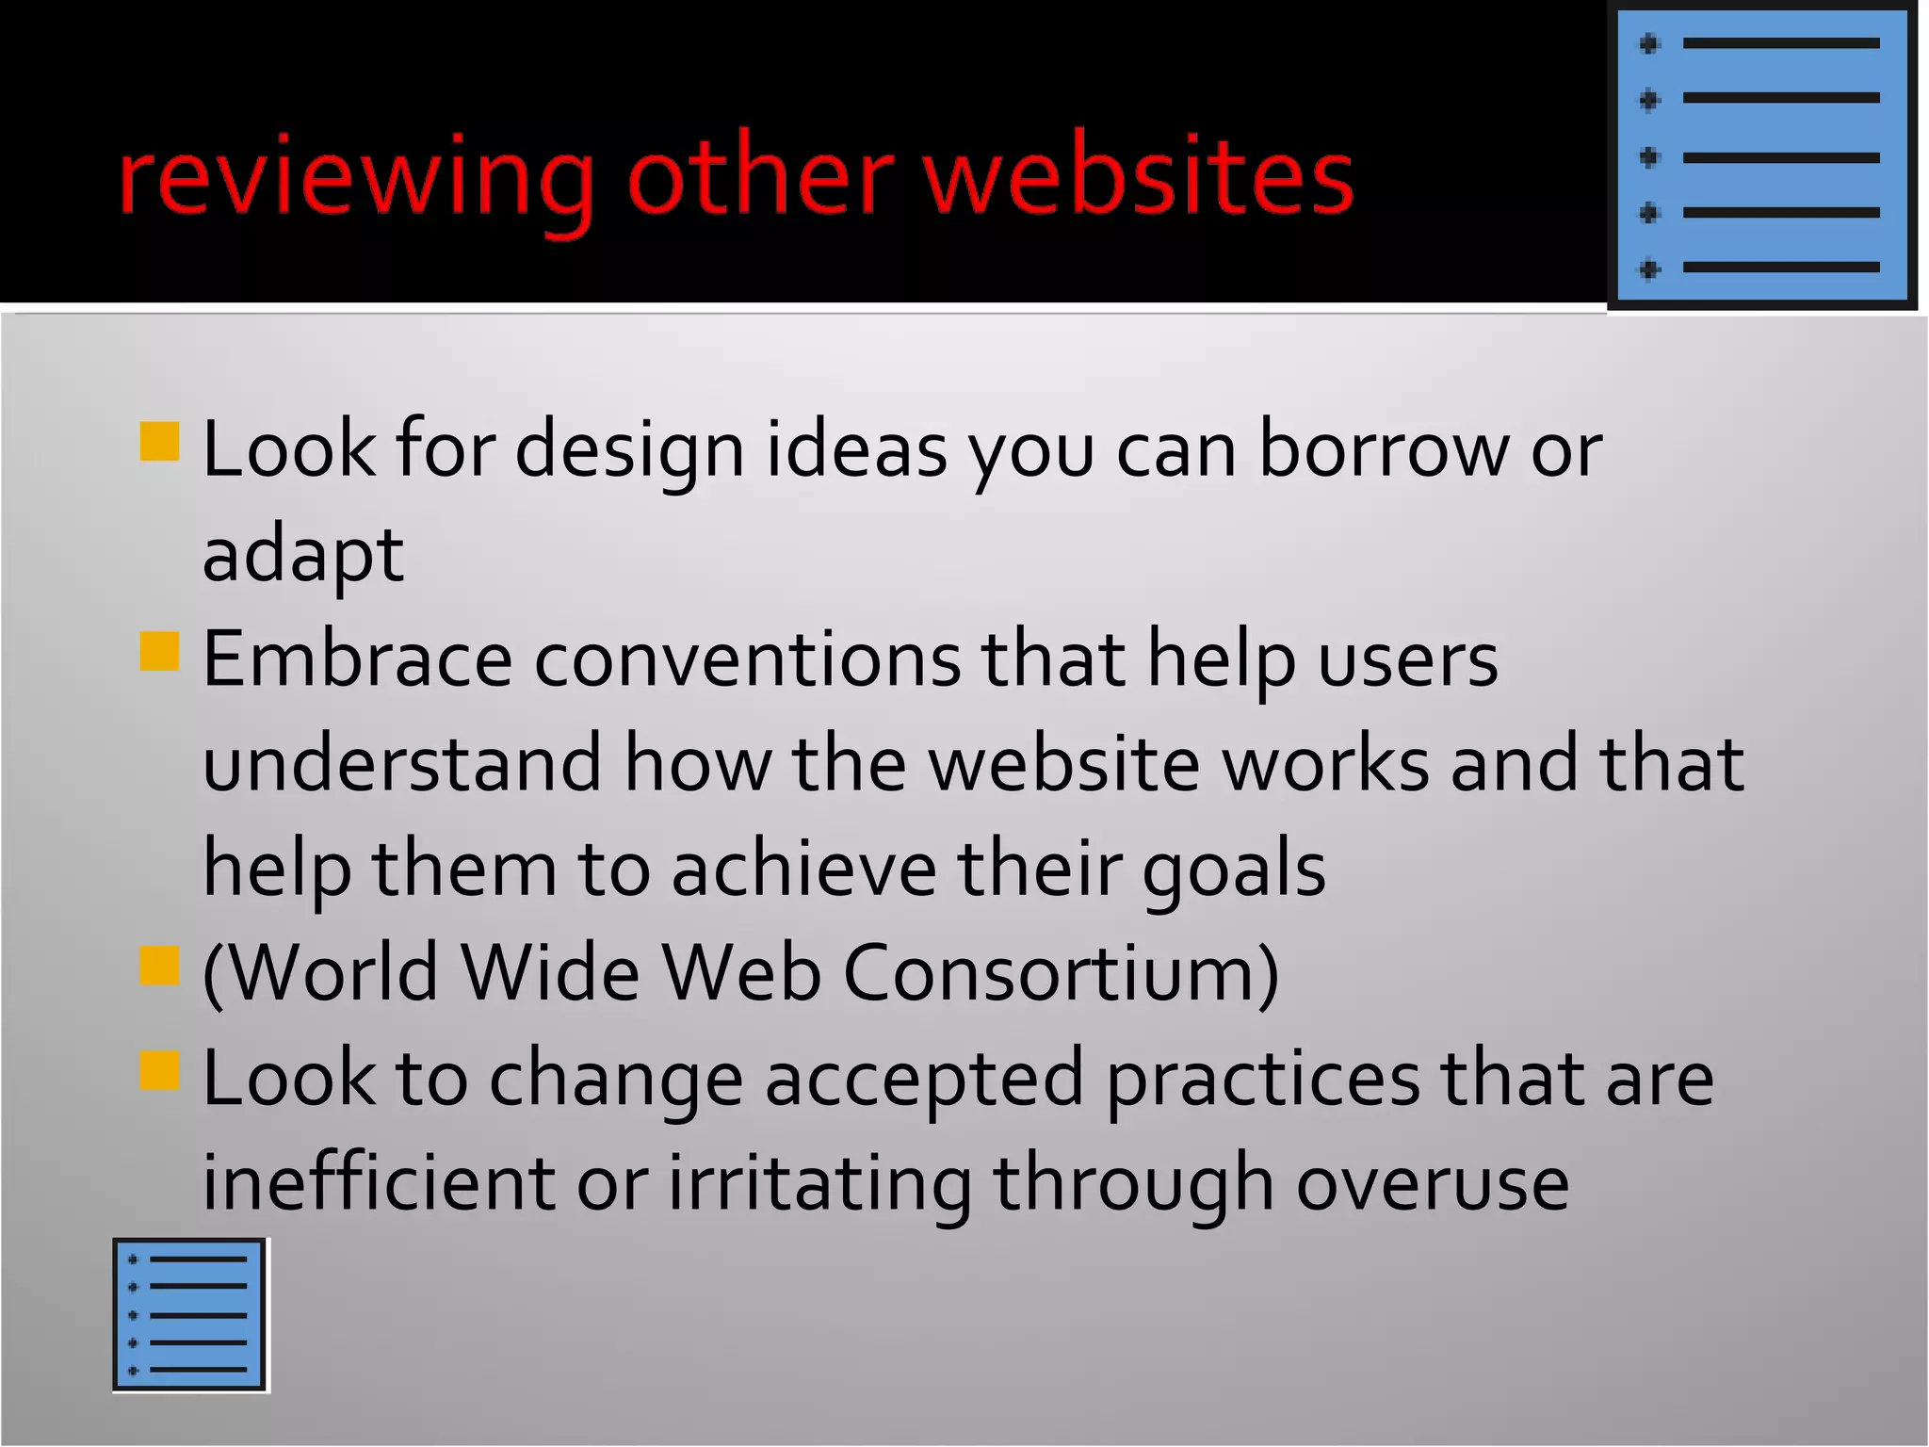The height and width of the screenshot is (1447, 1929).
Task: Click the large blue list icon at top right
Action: (1761, 156)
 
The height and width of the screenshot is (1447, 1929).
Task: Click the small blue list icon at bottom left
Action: (189, 1314)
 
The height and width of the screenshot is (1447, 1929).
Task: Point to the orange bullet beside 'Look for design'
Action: (159, 442)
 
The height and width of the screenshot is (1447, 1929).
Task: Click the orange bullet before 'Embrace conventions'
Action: (159, 651)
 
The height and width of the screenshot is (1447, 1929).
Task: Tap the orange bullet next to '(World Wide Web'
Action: (159, 966)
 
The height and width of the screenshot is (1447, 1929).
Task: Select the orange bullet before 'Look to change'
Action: (159, 1070)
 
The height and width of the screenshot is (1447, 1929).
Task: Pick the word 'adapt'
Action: (303, 556)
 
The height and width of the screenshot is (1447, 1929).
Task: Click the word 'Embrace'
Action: (357, 658)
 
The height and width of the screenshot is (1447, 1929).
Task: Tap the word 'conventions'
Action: (748, 658)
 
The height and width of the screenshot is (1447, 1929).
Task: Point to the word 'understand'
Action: (402, 763)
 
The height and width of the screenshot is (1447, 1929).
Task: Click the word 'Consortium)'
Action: (1061, 973)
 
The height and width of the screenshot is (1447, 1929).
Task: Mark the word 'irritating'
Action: (819, 1184)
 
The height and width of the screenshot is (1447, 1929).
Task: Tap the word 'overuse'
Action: (1432, 1184)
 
